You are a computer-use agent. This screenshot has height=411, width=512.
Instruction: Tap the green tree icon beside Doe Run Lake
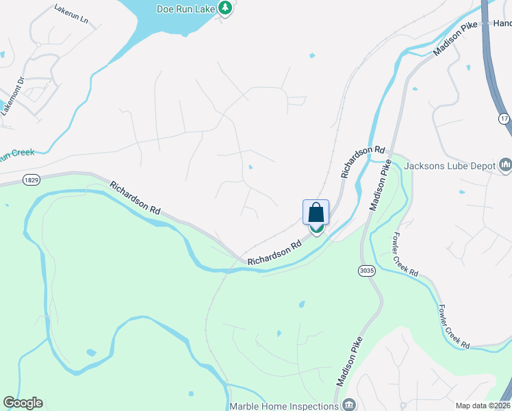pyautogui.click(x=225, y=8)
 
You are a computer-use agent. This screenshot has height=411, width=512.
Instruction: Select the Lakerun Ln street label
pyautogui.click(x=71, y=15)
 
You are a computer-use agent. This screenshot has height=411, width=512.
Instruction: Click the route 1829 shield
pyautogui.click(x=30, y=179)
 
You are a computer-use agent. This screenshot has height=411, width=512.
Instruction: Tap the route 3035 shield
pyautogui.click(x=367, y=271)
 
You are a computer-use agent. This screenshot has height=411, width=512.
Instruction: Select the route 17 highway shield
pyautogui.click(x=504, y=119)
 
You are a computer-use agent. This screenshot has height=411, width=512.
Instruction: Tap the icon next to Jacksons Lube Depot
pyautogui.click(x=506, y=164)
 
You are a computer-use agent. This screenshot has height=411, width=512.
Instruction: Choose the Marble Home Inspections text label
pyautogui.click(x=284, y=406)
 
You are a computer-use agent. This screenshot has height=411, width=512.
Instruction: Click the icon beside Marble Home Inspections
pyautogui.click(x=349, y=405)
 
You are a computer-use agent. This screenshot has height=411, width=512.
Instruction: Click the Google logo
pyautogui.click(x=23, y=403)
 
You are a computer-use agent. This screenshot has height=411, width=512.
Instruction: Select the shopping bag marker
pyautogui.click(x=316, y=213)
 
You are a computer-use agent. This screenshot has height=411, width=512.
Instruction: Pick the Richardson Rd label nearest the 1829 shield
pyautogui.click(x=135, y=199)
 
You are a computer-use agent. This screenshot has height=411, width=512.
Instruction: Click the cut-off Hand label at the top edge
pyautogui.click(x=502, y=23)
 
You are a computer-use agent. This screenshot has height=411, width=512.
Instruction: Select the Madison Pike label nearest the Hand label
pyautogui.click(x=455, y=39)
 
